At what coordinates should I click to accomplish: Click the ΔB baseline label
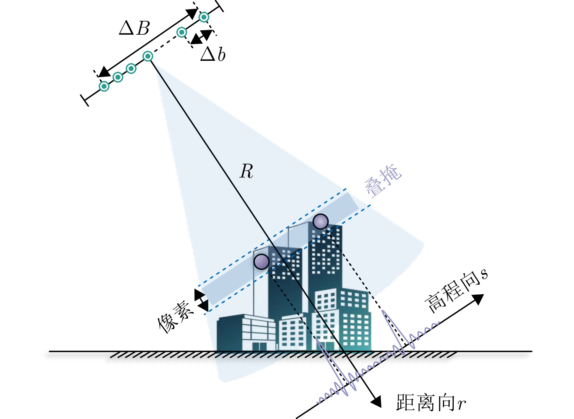click(x=135, y=29)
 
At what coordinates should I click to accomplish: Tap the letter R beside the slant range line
click(x=246, y=171)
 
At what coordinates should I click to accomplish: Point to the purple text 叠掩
click(x=383, y=181)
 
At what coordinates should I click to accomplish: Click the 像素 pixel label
click(x=176, y=317)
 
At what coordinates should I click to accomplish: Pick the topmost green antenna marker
click(x=204, y=17)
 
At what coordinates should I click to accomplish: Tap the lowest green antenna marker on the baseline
click(x=104, y=86)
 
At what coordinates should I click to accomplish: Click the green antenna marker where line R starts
click(x=148, y=56)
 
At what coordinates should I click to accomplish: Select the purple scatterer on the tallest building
click(x=320, y=221)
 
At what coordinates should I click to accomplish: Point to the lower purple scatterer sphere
click(x=261, y=261)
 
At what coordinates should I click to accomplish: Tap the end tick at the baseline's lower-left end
click(x=85, y=100)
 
